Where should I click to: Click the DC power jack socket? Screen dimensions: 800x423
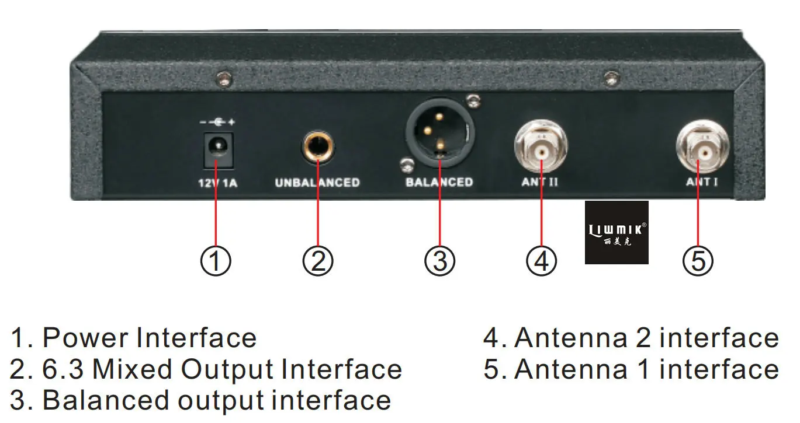point(218,150)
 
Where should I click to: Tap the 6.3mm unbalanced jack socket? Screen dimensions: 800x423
point(317,146)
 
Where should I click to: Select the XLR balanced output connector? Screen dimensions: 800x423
point(440,133)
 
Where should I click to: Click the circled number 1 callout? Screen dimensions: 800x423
point(216,261)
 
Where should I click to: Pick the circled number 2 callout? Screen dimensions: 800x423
point(318,261)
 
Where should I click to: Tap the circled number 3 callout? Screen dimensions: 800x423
point(440,261)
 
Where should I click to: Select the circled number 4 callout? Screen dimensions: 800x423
point(542,261)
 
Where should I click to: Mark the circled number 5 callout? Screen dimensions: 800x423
point(698,261)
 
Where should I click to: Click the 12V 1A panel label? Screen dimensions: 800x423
point(218,183)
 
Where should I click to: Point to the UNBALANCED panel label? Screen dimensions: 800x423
point(317,183)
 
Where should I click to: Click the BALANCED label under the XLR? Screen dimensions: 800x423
point(439,182)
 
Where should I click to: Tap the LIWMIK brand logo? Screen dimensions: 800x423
point(617,233)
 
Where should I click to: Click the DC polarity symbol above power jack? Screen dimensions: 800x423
point(217,123)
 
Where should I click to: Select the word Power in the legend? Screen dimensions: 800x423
point(85,337)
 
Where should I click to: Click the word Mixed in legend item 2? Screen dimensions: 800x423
point(133,369)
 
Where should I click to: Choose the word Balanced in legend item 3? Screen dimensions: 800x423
point(106,400)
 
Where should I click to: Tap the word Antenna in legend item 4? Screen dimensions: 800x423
point(571,337)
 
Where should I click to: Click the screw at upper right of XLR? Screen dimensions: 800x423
point(473,100)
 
